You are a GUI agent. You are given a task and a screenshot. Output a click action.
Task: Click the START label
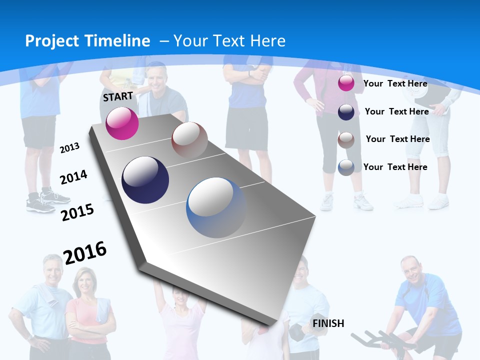[x=118, y=96]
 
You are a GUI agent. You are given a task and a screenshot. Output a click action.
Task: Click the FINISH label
[x=328, y=323]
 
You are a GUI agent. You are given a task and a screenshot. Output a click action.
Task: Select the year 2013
[x=69, y=147]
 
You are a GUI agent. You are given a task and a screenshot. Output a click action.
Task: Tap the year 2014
[x=73, y=177]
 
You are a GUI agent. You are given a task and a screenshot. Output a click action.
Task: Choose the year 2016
[x=85, y=252]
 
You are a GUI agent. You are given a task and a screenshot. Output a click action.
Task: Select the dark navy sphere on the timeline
[x=145, y=180]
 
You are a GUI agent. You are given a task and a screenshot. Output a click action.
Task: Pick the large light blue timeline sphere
[x=216, y=207]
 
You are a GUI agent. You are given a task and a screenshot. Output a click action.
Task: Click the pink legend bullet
[x=346, y=83]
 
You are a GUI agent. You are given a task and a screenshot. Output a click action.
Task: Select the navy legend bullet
[x=346, y=112]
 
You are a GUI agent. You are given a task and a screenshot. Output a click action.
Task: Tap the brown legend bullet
[x=346, y=139]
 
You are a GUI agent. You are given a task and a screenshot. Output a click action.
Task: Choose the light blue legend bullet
[x=346, y=167]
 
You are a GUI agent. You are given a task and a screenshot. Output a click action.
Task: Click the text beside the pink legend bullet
[x=395, y=83]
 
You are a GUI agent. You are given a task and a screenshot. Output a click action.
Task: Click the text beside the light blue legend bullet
[x=395, y=167]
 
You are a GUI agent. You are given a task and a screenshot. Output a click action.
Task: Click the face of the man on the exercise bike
[x=411, y=270]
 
